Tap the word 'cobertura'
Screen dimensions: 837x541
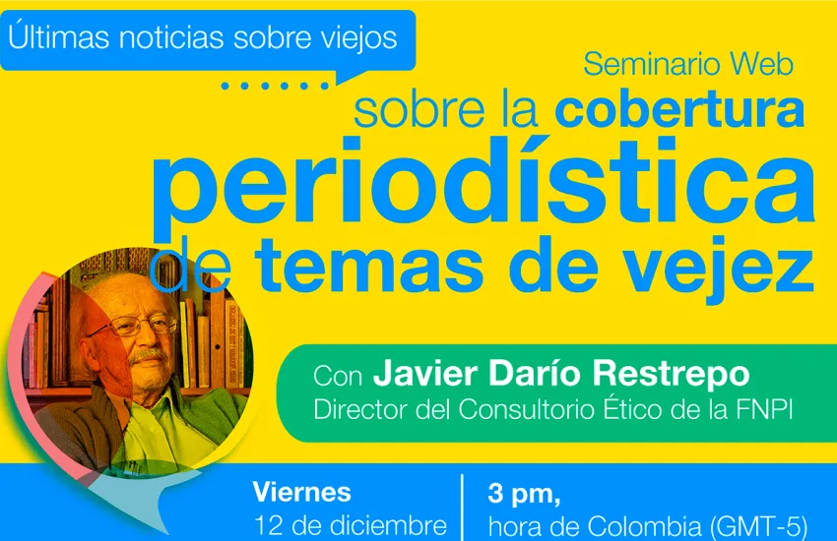tap(679, 109)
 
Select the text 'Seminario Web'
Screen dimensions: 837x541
tap(688, 65)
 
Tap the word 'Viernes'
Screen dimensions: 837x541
tap(301, 492)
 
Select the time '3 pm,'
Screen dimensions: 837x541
tap(524, 494)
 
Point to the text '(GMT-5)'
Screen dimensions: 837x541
tap(758, 526)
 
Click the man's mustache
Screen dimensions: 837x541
tap(148, 354)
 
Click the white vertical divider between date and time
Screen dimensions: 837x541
tap(462, 508)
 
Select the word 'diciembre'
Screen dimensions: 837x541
tap(389, 525)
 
